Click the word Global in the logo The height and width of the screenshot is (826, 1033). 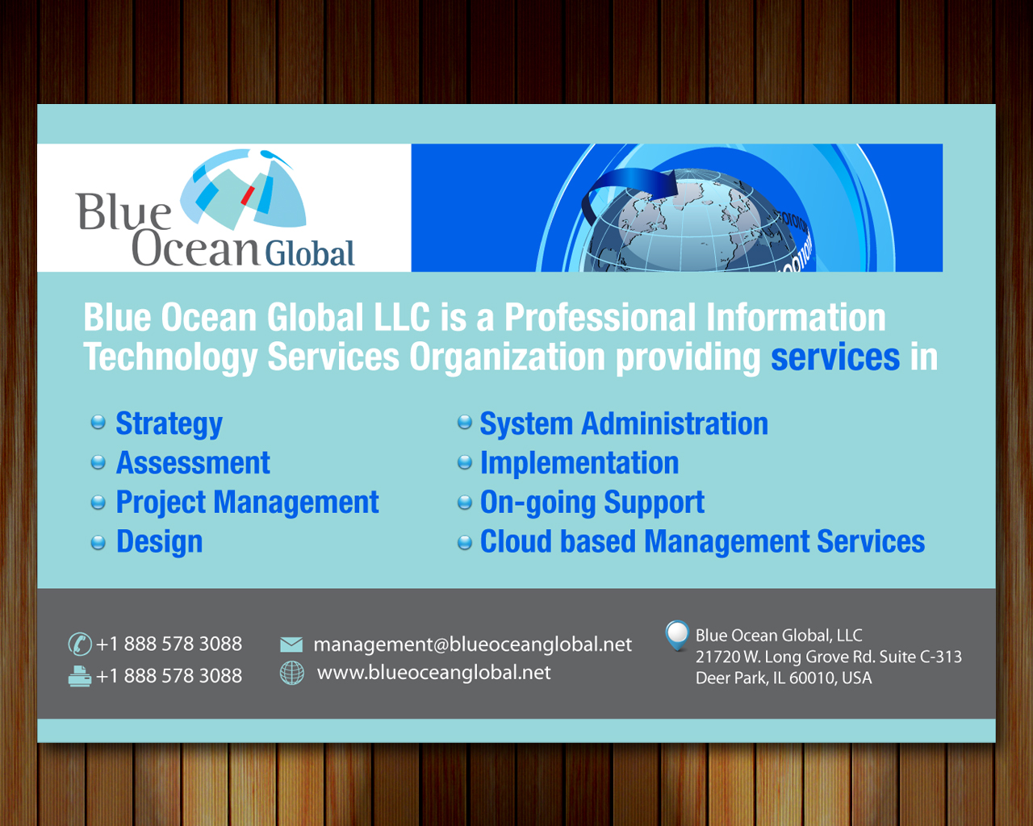tap(310, 253)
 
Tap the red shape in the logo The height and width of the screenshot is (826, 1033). tap(248, 195)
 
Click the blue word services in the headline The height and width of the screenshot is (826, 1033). tap(835, 357)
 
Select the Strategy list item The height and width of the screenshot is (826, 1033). tap(169, 424)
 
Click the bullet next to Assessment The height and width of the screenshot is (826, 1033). tap(98, 462)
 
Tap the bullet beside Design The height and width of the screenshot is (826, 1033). tap(98, 542)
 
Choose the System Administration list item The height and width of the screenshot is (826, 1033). tap(624, 423)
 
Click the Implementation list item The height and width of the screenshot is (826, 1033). tap(579, 463)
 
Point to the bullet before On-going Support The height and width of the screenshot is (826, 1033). tap(464, 503)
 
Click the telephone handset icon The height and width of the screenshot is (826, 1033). tap(80, 644)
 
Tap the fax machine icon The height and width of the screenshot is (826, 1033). tap(80, 676)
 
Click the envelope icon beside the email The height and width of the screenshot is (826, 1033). tap(291, 645)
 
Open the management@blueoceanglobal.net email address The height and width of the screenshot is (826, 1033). tap(472, 645)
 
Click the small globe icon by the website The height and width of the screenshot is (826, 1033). tap(292, 673)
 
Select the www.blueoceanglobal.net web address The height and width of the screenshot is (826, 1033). tap(434, 673)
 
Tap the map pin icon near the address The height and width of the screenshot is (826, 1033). tap(677, 635)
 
